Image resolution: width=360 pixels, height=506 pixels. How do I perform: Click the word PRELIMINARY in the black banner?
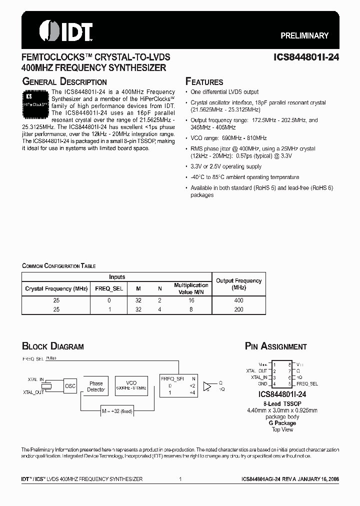coord(304,35)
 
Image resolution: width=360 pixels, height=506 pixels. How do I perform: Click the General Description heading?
coord(64,81)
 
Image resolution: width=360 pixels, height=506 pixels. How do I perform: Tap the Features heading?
coord(204,81)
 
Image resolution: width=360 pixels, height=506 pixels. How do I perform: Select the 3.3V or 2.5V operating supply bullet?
coord(226,166)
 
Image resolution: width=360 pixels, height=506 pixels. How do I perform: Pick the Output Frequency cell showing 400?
coord(238,300)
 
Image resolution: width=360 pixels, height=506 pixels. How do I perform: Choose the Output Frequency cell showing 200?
coord(238,309)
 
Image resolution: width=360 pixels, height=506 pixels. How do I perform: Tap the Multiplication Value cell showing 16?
coord(191,300)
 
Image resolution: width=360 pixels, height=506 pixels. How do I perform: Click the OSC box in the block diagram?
coord(70,386)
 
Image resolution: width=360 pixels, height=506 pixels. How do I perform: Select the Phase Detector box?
coord(96,386)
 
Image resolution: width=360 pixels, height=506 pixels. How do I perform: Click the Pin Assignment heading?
coord(275,346)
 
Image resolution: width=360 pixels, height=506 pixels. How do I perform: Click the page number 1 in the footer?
coord(179,479)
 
